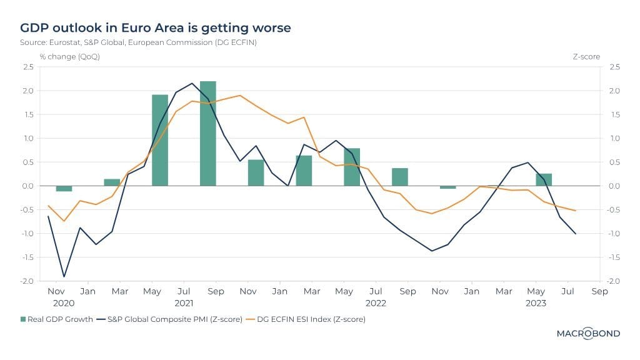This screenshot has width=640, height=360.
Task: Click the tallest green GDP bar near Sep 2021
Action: click(x=207, y=133)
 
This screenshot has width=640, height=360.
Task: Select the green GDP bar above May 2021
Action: click(x=160, y=140)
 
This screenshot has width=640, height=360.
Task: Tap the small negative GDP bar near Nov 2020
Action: click(x=64, y=188)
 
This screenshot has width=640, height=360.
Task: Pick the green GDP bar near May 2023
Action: click(x=544, y=179)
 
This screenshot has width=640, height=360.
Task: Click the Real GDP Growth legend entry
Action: click(x=56, y=319)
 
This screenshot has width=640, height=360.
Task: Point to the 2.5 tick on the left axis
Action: click(x=28, y=67)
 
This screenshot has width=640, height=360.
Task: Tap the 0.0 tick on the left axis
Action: click(x=28, y=186)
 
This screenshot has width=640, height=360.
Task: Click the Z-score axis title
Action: click(x=586, y=56)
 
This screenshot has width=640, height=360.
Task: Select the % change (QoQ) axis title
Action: click(x=69, y=56)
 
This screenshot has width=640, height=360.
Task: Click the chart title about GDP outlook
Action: click(x=155, y=28)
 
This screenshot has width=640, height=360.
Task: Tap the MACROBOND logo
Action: click(x=588, y=334)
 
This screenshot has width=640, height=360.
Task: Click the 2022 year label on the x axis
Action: click(x=376, y=303)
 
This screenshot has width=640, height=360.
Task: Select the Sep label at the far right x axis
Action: click(x=599, y=291)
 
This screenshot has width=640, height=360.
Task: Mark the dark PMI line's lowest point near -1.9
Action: click(x=64, y=276)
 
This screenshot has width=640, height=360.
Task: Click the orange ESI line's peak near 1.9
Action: click(x=240, y=96)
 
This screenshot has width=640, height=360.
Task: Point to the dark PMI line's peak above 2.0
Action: click(x=192, y=83)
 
